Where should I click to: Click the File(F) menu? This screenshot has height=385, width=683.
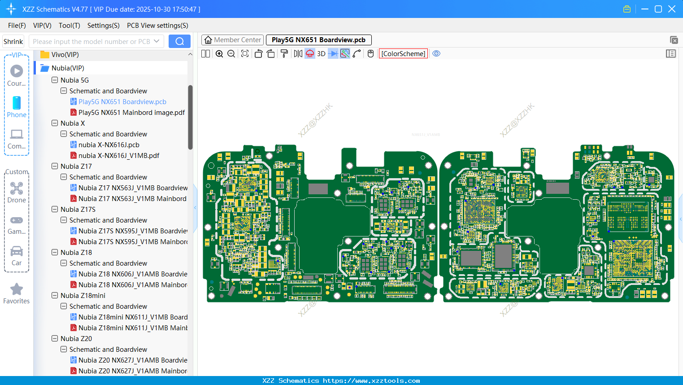[x=17, y=26]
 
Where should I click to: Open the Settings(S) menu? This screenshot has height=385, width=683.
[x=103, y=26]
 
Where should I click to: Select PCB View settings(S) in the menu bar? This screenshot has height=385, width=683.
[x=157, y=26]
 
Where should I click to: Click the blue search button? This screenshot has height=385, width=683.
[x=179, y=41]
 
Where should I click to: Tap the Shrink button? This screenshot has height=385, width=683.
[x=13, y=41]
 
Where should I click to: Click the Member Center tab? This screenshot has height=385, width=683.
[x=232, y=40]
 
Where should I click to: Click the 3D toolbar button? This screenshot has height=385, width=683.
[x=321, y=54]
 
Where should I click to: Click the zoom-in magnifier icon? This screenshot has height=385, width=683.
[x=219, y=54]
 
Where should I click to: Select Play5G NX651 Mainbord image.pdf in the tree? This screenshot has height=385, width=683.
[x=131, y=113]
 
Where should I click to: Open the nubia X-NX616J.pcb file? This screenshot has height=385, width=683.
[x=109, y=145]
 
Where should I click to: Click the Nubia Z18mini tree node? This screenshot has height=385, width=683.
[x=83, y=296]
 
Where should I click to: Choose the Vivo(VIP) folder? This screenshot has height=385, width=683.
[x=65, y=55]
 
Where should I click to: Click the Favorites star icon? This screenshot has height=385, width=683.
[x=17, y=289]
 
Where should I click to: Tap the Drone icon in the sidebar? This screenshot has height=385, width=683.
[x=17, y=188]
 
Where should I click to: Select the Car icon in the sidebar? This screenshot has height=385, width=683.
[x=17, y=251]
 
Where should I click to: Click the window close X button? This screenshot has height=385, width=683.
[x=672, y=9]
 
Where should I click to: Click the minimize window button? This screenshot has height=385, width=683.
[x=645, y=9]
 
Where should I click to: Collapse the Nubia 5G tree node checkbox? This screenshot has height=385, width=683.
[x=55, y=80]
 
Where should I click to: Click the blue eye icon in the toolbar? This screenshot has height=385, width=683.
[x=436, y=54]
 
